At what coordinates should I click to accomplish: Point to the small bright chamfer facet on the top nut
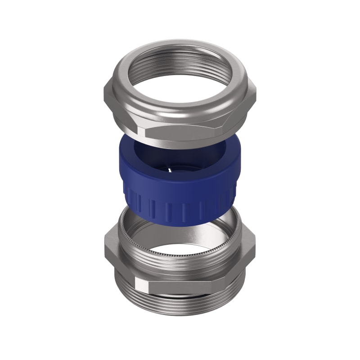pos(143,131)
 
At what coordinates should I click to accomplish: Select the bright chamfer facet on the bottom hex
pos(143,286)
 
